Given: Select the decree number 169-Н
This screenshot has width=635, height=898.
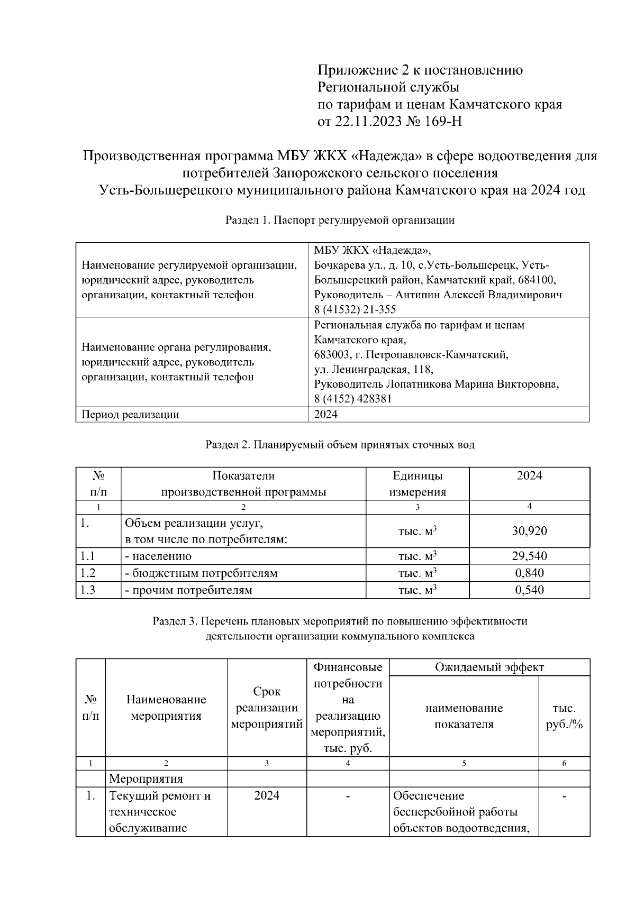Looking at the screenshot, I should [x=444, y=122].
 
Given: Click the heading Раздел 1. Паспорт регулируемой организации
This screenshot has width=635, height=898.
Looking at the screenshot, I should [x=340, y=220].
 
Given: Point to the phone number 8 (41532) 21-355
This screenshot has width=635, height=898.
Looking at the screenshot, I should [x=355, y=309].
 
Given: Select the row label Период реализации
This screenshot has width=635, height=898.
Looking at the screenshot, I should [x=130, y=415].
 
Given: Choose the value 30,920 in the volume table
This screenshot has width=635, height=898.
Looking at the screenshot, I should [x=529, y=531].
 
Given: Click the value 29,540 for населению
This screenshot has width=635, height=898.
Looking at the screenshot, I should [x=529, y=556].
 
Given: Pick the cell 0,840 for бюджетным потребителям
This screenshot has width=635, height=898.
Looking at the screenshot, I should [x=529, y=573].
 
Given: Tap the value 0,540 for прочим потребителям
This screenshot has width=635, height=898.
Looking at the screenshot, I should [x=529, y=590].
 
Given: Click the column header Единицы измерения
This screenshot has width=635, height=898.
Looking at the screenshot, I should [x=418, y=483].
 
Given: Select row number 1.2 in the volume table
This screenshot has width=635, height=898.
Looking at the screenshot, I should [x=88, y=573].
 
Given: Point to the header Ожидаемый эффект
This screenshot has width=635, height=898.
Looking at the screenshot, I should [x=489, y=667].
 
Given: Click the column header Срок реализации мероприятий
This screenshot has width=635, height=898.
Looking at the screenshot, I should [x=267, y=708].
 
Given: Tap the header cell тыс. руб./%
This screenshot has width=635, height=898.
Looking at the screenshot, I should [x=564, y=716].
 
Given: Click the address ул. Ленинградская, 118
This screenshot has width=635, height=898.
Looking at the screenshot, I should [x=374, y=369].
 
